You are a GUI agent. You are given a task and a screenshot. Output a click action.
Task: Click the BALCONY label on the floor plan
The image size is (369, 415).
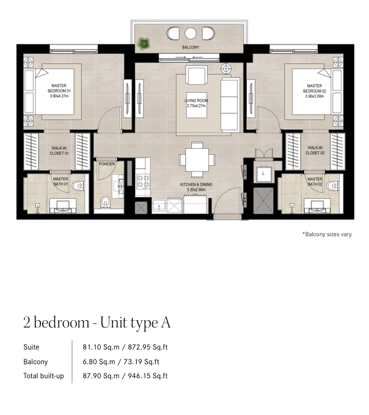tap(191, 47)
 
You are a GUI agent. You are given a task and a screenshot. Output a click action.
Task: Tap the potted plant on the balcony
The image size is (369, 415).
tap(144, 43)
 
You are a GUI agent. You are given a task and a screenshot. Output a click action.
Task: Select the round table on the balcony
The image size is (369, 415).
tap(191, 34)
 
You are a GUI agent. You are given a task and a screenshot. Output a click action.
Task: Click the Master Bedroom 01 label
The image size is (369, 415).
tap(59, 88)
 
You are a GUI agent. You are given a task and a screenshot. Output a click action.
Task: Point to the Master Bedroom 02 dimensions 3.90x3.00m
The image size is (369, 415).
tap(315, 96)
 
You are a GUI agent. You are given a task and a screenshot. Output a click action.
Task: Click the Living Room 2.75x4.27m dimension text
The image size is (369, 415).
tap(196, 106)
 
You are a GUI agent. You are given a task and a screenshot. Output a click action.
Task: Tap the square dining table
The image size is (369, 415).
tap(197, 160)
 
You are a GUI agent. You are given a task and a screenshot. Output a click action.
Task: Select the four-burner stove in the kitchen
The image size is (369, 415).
tap(143, 181)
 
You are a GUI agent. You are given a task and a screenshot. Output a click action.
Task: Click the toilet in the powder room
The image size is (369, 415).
tap(106, 202)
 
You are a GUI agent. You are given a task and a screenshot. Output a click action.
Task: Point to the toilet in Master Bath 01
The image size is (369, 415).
tap(78, 186)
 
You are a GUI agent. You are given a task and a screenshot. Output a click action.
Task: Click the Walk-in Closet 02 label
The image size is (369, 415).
tap(315, 151)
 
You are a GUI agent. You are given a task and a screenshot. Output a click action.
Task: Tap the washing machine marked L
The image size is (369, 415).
tap(263, 174)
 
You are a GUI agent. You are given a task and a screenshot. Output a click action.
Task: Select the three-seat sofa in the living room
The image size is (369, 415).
tap(230, 105)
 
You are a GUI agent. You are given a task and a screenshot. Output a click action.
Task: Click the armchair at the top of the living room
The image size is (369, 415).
tap(196, 75)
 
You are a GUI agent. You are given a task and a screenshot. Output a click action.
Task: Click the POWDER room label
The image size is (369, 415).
tap(107, 164)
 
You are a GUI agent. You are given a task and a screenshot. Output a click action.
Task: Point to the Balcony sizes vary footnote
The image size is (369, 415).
tap(327, 234)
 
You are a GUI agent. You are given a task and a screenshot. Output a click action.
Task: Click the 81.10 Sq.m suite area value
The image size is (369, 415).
tap(101, 347)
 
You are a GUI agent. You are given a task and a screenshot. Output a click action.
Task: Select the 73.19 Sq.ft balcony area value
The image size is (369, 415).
tap(142, 362)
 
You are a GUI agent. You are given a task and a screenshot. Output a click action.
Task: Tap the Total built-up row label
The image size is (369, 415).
tap(43, 376)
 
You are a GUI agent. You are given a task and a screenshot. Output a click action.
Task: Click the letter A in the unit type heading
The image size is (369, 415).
tap(166, 323)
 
